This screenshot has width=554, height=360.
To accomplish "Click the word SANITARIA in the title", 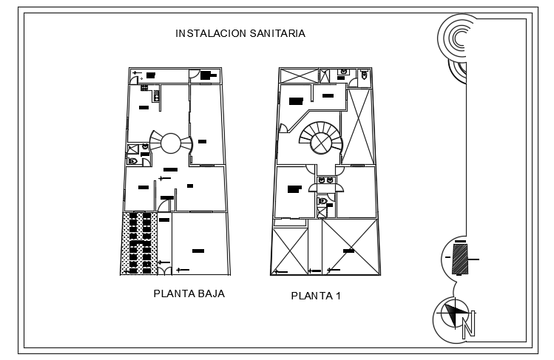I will (276, 34).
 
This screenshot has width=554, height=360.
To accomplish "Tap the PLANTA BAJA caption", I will (189, 293).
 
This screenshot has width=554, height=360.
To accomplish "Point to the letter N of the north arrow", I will (467, 325).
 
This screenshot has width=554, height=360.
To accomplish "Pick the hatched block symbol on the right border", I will (459, 259).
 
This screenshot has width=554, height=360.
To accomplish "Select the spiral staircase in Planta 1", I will (321, 137).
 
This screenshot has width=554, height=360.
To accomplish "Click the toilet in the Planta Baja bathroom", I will (133, 160).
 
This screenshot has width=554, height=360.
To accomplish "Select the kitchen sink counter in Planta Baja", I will (156, 95).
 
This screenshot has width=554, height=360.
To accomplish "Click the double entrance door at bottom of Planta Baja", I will (169, 271).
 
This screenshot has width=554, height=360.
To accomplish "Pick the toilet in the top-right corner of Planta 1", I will (365, 75).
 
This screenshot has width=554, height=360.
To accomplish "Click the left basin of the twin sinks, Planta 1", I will (321, 180).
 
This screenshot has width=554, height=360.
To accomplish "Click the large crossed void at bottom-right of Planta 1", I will (349, 246).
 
